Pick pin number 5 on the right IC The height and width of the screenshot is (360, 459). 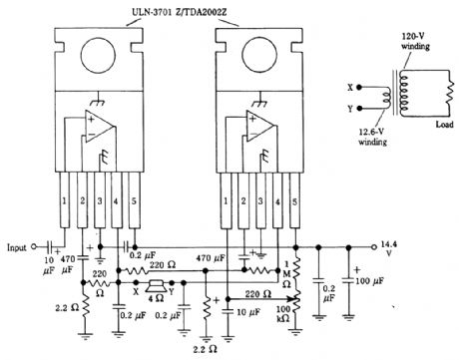(295, 203)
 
